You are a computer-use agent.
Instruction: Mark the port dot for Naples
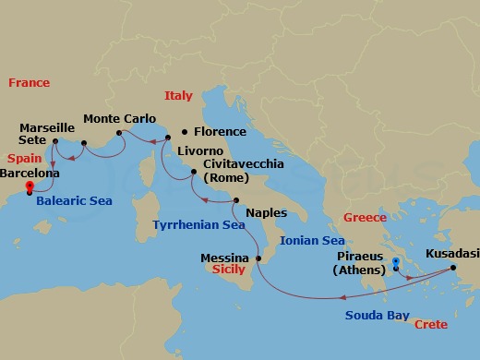point(236,200)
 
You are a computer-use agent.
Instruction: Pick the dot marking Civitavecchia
point(193,172)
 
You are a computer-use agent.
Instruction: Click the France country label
point(29,83)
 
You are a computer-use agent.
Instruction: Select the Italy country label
point(178,96)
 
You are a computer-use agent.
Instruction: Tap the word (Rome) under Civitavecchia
point(226,177)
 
